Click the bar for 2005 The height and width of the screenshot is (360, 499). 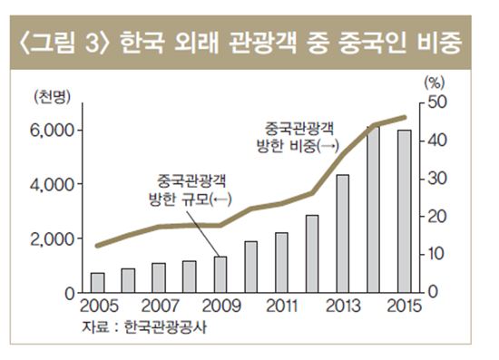[97, 282]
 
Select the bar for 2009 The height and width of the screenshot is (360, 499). [220, 274]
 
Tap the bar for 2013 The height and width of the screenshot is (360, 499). [342, 233]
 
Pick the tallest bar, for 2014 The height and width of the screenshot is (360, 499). [373, 209]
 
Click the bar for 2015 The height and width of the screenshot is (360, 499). [404, 211]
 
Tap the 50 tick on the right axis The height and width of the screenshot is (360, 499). [436, 102]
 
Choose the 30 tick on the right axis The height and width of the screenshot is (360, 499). [436, 178]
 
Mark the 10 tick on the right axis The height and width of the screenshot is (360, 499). [436, 254]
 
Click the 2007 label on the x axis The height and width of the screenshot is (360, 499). [159, 305]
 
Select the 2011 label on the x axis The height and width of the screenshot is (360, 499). [281, 305]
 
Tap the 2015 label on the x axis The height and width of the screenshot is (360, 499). [403, 305]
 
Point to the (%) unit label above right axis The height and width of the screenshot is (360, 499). [436, 81]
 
